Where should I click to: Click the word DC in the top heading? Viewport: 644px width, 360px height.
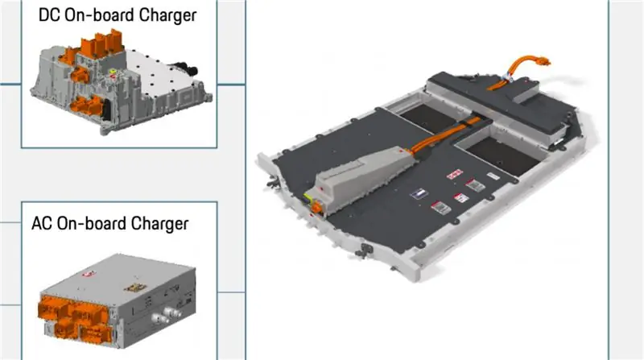point(49,15)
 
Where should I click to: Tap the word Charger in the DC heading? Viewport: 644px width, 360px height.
point(167,16)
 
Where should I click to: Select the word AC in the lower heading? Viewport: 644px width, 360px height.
point(42,224)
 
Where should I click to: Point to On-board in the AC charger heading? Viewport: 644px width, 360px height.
point(92,224)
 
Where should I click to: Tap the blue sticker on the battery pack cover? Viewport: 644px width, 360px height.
point(419,193)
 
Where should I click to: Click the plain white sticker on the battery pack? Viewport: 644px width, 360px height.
point(493,176)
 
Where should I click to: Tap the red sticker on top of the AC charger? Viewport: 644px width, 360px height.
point(89,274)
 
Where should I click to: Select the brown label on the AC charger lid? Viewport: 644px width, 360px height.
point(134,288)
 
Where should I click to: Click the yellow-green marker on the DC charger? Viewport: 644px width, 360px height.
point(112,72)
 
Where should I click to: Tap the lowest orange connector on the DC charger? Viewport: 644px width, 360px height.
point(87,106)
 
